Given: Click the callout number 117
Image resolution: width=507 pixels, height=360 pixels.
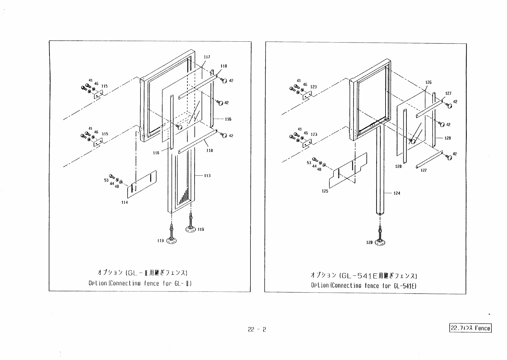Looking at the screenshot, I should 207,57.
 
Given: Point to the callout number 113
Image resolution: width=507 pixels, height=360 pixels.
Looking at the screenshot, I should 207,176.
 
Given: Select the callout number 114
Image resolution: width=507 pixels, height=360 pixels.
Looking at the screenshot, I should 124,202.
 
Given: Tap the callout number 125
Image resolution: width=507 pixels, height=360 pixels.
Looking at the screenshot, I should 325,191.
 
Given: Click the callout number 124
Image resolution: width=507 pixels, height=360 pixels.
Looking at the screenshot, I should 397,193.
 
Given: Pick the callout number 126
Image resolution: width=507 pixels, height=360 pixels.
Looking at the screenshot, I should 428,82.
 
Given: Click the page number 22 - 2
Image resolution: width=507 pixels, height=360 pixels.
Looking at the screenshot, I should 257,329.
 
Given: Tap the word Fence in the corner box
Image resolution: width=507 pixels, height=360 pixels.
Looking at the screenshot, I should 482,328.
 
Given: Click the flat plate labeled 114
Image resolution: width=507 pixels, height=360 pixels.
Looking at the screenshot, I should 142,184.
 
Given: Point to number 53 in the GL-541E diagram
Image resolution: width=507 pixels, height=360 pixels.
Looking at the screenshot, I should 309,163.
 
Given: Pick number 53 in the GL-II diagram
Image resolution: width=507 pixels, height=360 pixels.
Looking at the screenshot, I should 106,180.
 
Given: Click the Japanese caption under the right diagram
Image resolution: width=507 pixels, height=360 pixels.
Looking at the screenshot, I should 364,275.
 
